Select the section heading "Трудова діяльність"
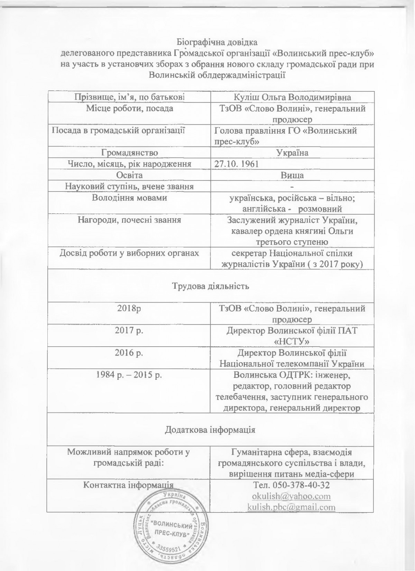click(x=211, y=286)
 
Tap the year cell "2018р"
click(x=129, y=308)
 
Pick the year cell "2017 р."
click(x=129, y=330)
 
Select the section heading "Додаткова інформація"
click(x=211, y=430)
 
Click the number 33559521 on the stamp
click(x=169, y=548)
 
